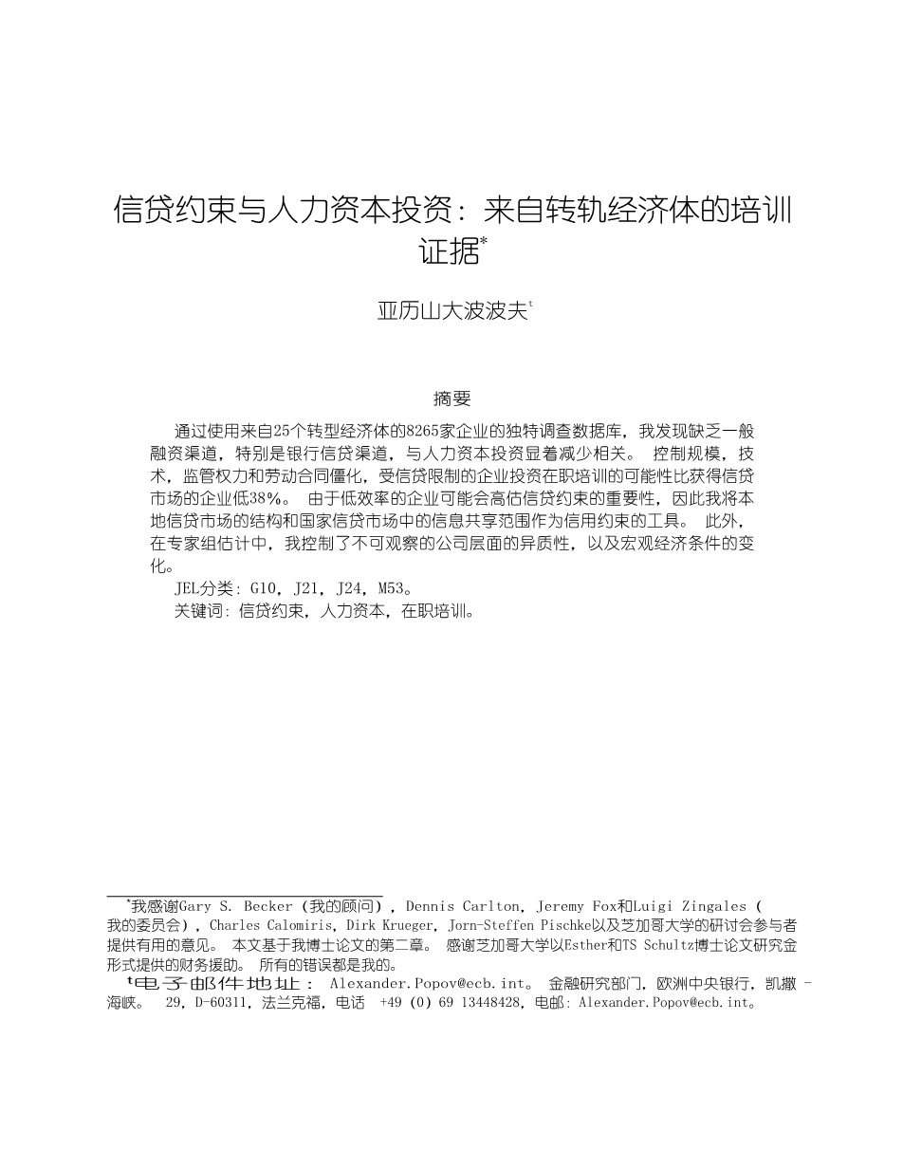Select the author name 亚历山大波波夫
[451, 311]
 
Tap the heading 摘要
[451, 399]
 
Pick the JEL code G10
[265, 588]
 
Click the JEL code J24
[350, 588]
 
